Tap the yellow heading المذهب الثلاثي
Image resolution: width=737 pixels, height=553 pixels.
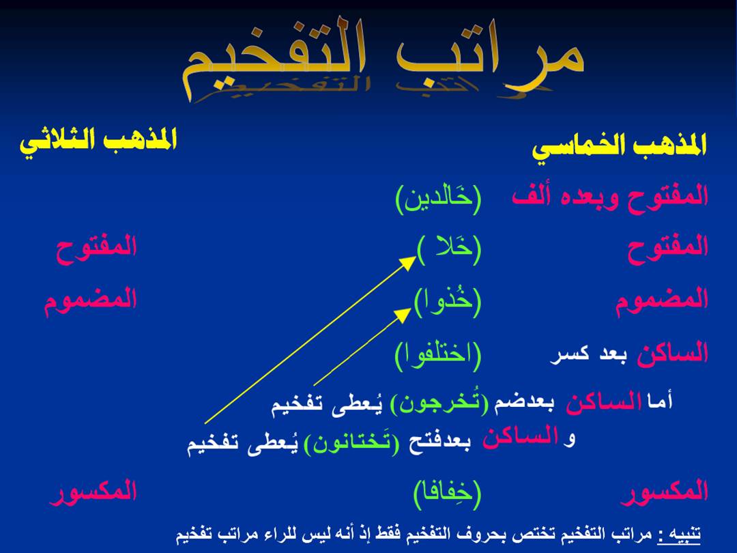click(98, 140)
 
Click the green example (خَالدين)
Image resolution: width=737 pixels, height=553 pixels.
click(439, 199)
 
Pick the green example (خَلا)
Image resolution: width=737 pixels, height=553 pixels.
click(449, 249)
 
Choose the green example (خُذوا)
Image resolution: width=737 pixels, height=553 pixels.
click(448, 301)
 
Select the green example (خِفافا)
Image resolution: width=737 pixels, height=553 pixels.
click(448, 494)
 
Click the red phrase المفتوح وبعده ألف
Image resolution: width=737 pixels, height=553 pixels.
click(610, 196)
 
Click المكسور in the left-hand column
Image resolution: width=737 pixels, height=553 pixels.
click(93, 492)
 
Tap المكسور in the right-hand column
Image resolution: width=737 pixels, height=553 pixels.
click(665, 492)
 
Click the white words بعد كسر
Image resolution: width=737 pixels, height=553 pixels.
click(588, 354)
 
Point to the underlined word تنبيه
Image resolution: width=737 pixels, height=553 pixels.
click(683, 534)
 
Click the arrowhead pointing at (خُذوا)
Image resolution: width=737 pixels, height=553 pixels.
click(403, 314)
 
